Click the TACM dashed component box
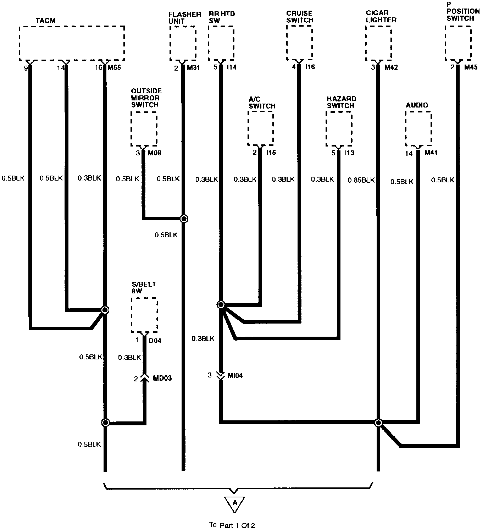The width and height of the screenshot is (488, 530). click(72, 43)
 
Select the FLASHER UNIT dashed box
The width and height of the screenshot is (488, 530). click(183, 43)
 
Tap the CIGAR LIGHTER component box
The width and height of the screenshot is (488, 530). click(378, 43)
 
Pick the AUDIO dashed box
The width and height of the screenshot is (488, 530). click(418, 128)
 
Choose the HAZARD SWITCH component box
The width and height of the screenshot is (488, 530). click(339, 128)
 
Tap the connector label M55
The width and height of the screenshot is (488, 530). click(114, 67)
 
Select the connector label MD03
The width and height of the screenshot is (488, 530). click(162, 378)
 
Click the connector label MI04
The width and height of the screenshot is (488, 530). click(235, 375)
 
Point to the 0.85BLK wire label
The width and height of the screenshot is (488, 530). click(361, 180)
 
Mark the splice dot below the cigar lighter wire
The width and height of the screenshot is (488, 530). click(378, 423)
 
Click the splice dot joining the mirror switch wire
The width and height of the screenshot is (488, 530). click(184, 219)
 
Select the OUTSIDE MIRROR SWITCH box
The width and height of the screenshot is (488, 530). click(144, 128)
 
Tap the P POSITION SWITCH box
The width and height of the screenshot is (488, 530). click(458, 43)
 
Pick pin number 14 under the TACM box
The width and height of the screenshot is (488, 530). click(60, 67)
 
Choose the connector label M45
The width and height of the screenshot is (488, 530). click(471, 67)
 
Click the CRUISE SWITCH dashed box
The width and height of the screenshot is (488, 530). click(299, 43)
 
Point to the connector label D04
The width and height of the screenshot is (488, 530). click(155, 341)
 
